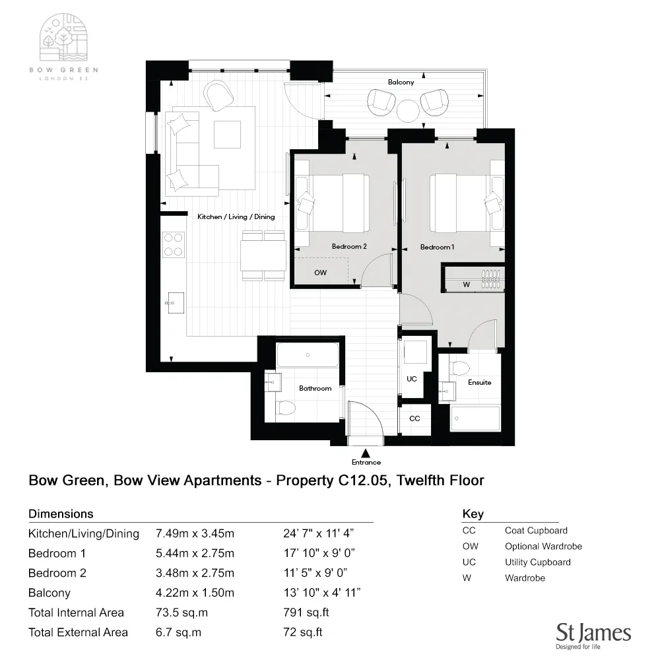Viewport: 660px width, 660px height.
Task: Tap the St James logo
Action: (x=593, y=634)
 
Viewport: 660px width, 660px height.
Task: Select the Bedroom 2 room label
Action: (x=349, y=246)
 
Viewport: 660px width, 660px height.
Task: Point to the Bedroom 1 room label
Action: (x=438, y=247)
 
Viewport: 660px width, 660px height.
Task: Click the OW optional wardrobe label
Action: (x=320, y=272)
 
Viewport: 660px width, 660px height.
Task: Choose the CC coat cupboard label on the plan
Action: (x=414, y=418)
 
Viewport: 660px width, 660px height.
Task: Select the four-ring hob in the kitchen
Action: (x=174, y=244)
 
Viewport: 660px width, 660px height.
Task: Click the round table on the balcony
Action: (x=408, y=110)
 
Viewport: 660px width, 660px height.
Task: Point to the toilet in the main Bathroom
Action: (x=286, y=408)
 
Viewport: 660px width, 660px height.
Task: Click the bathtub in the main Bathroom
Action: (x=308, y=356)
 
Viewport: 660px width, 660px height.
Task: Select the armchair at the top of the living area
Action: (x=218, y=96)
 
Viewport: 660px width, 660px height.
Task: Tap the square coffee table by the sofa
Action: (x=227, y=135)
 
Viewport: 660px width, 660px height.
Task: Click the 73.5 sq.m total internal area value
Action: (x=181, y=612)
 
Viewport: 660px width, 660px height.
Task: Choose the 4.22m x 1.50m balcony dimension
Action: (x=195, y=593)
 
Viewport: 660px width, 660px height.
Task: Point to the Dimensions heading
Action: (x=61, y=513)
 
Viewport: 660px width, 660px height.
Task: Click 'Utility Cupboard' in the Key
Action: (x=537, y=562)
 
